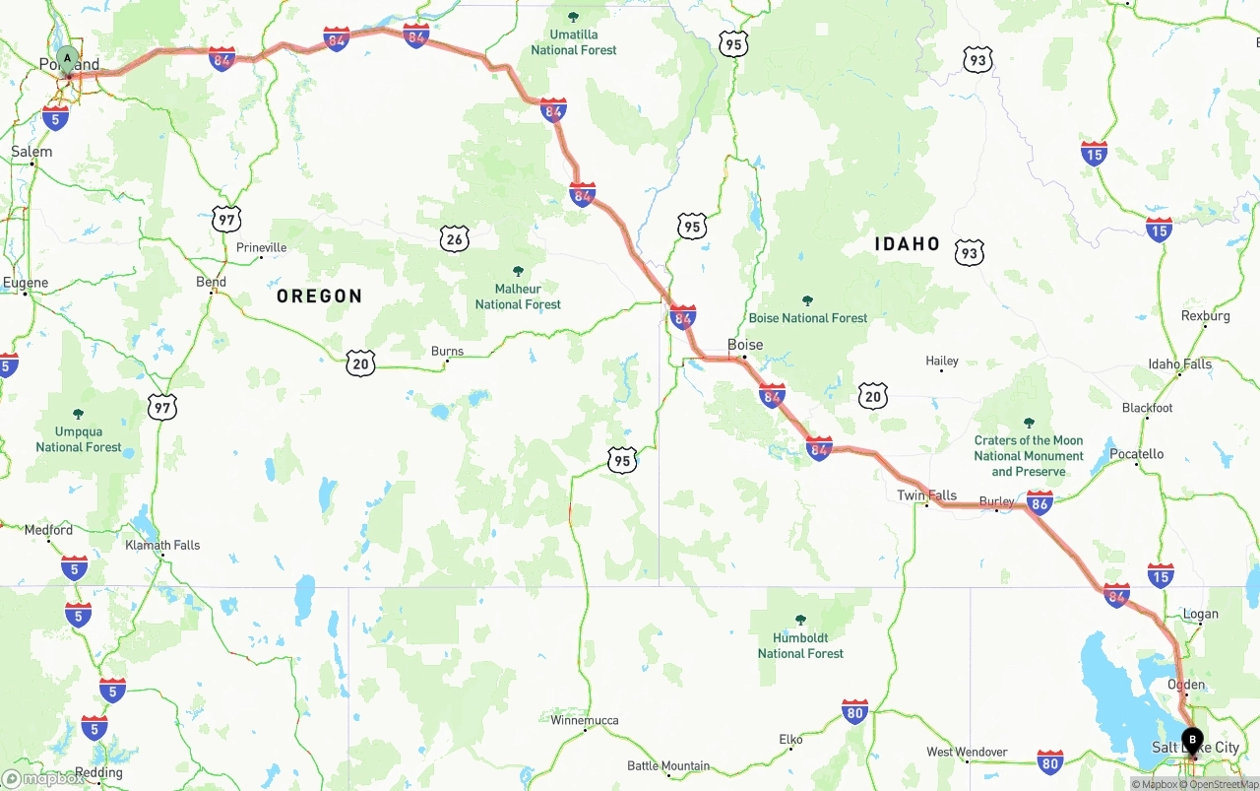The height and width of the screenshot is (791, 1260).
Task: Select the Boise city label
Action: click(x=745, y=345)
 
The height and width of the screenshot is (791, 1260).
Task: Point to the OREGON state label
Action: click(x=319, y=296)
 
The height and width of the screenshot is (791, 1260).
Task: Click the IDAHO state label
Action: click(x=907, y=243)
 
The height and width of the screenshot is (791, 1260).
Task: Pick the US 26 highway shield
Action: click(x=454, y=238)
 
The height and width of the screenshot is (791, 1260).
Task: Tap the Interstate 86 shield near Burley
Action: click(x=1039, y=504)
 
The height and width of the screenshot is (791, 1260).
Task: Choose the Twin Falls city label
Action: click(x=926, y=495)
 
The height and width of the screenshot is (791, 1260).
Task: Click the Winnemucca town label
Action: click(x=585, y=720)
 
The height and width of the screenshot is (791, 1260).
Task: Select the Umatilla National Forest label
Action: click(x=574, y=42)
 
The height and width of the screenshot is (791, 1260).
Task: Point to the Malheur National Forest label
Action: click(x=518, y=297)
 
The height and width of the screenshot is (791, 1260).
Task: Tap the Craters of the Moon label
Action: click(x=1029, y=455)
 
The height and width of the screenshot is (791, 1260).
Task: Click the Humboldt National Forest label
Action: click(x=800, y=645)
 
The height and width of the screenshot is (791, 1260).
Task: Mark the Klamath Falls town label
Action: click(x=162, y=545)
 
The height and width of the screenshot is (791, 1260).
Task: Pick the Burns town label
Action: click(x=447, y=351)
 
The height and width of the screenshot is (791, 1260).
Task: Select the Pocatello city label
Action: click(x=1136, y=454)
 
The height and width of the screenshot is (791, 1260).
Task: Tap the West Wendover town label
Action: click(x=967, y=752)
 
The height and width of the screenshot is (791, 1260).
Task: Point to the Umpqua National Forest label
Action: click(x=79, y=439)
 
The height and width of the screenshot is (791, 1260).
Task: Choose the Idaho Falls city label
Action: click(x=1180, y=363)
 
